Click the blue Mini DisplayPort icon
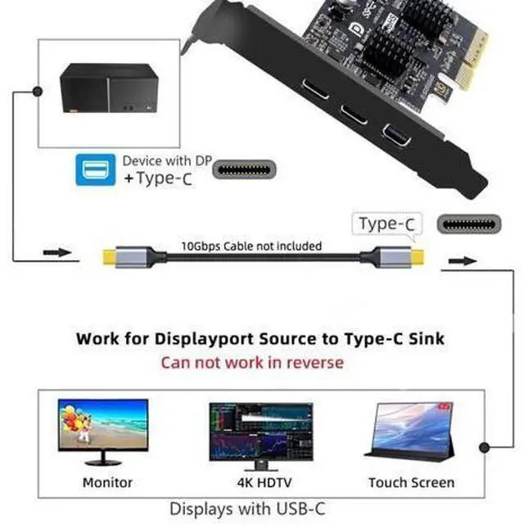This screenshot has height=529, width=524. click(95, 170)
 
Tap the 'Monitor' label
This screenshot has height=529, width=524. click(107, 482)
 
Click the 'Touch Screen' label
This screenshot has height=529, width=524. click(410, 482)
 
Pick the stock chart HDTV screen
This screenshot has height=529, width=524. click(260, 430)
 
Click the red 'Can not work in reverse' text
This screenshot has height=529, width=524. click(251, 362)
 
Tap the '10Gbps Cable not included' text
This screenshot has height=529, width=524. click(251, 246)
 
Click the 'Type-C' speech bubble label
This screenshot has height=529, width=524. click(386, 224)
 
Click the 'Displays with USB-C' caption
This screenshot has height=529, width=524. click(247, 509)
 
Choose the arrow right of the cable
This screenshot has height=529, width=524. click(462, 261)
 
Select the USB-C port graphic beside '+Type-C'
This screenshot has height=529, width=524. click(244, 170)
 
